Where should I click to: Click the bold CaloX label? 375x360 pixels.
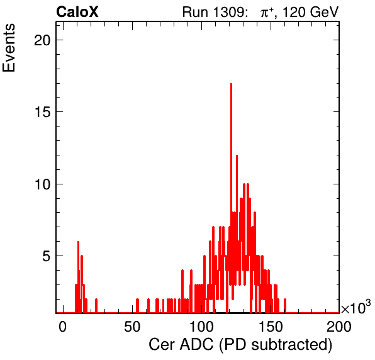tap(77, 12)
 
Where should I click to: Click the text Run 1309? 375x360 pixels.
tap(213, 12)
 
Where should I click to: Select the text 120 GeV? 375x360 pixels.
tap(310, 12)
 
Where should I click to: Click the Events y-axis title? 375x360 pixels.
tap(9, 48)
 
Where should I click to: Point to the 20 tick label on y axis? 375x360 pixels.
tap(42, 40)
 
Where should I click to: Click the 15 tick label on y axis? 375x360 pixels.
tap(42, 111)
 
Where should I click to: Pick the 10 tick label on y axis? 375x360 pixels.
tap(42, 184)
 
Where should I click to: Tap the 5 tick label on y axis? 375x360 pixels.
tap(47, 256)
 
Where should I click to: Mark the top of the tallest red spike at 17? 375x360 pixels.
tap(231, 84)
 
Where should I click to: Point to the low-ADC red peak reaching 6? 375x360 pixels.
tap(78, 242)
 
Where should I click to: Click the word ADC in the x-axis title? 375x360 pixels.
tap(196, 345)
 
